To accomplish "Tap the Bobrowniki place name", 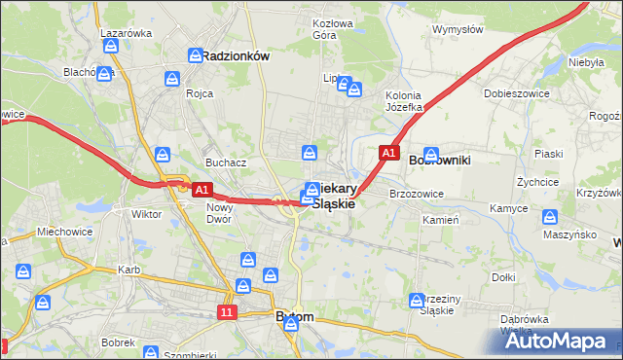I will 440,159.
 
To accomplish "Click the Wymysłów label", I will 458,29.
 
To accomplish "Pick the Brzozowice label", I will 417,194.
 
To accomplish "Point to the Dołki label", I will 503,277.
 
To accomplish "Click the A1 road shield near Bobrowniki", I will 388,154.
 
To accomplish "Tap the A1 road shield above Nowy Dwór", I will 202,189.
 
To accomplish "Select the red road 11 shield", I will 227,312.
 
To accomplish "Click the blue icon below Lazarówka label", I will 114,46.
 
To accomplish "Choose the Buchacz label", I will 224,162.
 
